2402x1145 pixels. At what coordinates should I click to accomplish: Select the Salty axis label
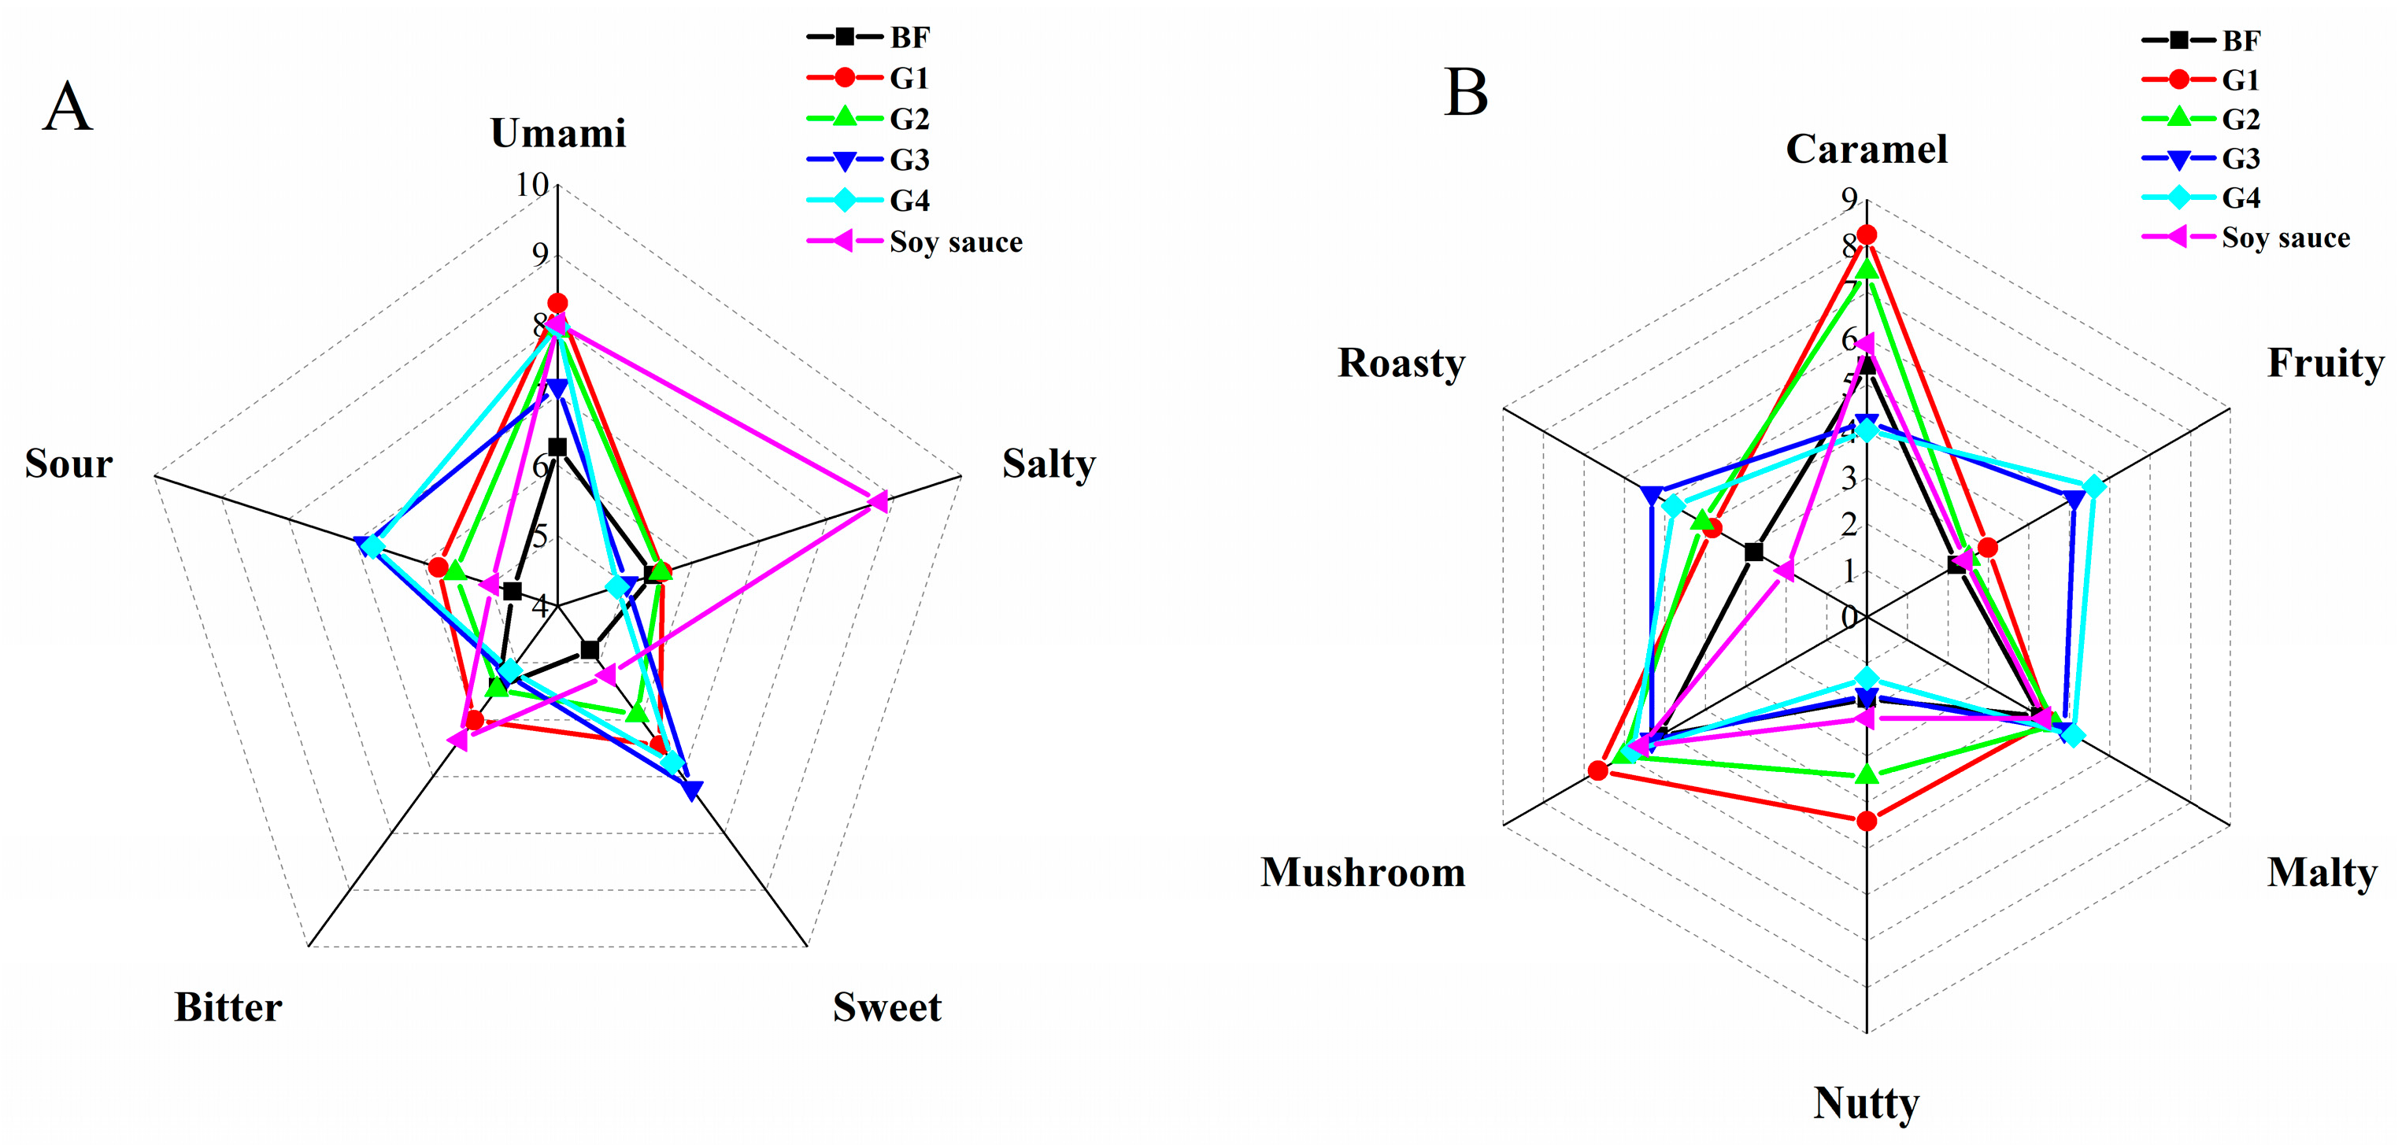[1048, 464]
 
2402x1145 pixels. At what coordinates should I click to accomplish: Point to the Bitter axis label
[228, 1008]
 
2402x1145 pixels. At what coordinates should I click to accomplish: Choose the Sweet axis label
[886, 1008]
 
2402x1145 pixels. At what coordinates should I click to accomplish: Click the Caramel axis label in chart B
[1866, 150]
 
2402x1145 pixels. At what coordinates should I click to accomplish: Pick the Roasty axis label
[1401, 364]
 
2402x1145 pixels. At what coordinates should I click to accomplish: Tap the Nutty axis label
[1866, 1103]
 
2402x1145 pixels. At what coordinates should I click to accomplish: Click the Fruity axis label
[2326, 364]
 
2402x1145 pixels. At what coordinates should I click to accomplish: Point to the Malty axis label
[2322, 874]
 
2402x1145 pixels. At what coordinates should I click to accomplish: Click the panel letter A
[67, 107]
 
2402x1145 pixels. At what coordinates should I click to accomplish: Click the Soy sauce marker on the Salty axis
[876, 500]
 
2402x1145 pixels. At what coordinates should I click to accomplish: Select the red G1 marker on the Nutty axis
[1866, 821]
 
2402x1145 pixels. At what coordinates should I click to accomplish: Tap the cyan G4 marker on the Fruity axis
[2093, 486]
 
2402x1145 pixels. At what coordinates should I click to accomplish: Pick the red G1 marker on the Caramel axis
[1866, 234]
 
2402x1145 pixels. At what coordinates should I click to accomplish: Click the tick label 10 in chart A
[532, 185]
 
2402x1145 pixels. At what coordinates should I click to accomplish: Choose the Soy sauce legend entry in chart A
[955, 242]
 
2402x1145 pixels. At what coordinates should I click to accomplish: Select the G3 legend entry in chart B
[2241, 158]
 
